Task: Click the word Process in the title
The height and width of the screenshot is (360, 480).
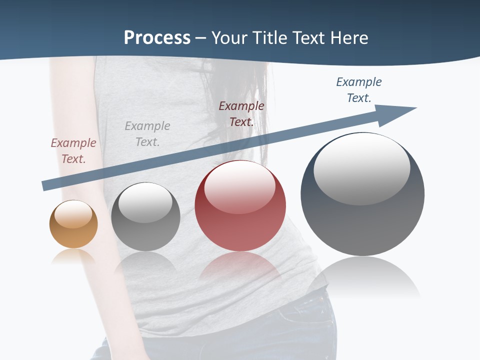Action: [x=157, y=38]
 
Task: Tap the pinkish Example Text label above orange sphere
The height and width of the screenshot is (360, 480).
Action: [x=73, y=151]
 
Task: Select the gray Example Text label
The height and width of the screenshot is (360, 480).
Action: [x=147, y=134]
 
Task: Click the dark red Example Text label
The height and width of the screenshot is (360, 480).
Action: [x=241, y=114]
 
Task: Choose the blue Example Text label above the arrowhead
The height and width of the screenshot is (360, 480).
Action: [x=359, y=90]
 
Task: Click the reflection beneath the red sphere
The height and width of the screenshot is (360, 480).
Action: [x=240, y=267]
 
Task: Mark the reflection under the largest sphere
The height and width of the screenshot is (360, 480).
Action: [x=363, y=277]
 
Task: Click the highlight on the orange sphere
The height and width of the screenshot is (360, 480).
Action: [x=73, y=214]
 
